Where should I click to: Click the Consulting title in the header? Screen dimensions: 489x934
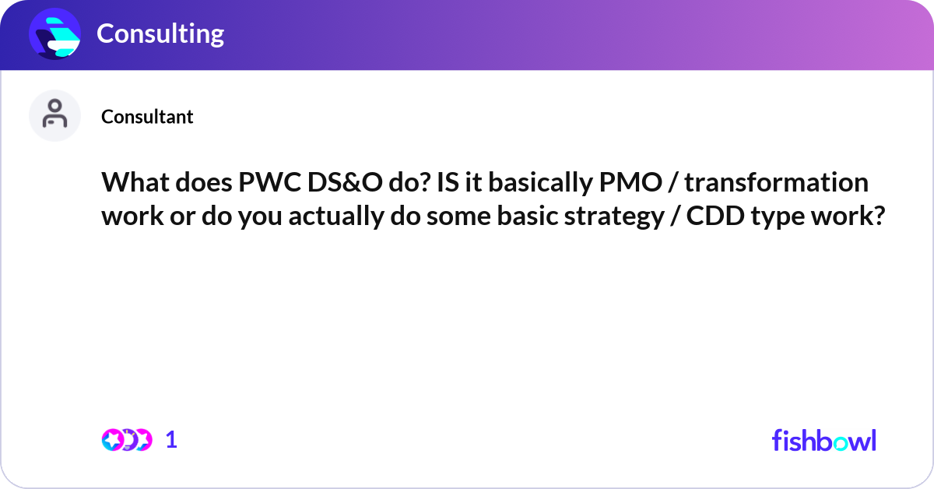[x=160, y=33]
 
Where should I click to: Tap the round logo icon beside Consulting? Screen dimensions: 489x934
[x=55, y=34]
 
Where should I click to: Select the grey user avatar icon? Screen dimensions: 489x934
[x=55, y=115]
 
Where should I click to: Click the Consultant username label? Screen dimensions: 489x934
[x=147, y=117]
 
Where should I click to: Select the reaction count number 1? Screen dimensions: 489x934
[x=171, y=440]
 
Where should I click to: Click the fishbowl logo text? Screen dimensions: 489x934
[x=823, y=440]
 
